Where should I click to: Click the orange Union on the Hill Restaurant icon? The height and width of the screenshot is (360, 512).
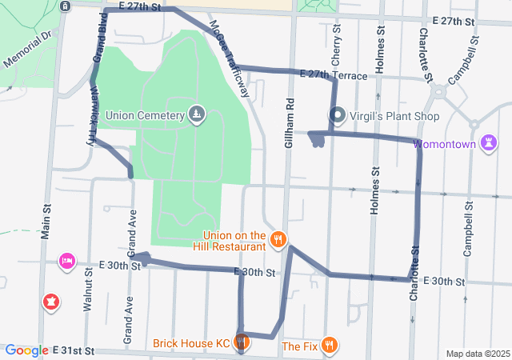click(x=278, y=240)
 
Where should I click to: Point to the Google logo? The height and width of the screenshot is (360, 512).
click(x=26, y=350)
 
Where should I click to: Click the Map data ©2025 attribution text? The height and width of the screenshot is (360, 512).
click(x=477, y=354)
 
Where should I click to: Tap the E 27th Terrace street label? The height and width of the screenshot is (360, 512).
click(x=333, y=74)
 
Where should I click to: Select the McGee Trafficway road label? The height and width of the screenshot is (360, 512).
click(x=230, y=58)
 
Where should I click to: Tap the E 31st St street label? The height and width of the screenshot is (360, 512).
click(x=74, y=351)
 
